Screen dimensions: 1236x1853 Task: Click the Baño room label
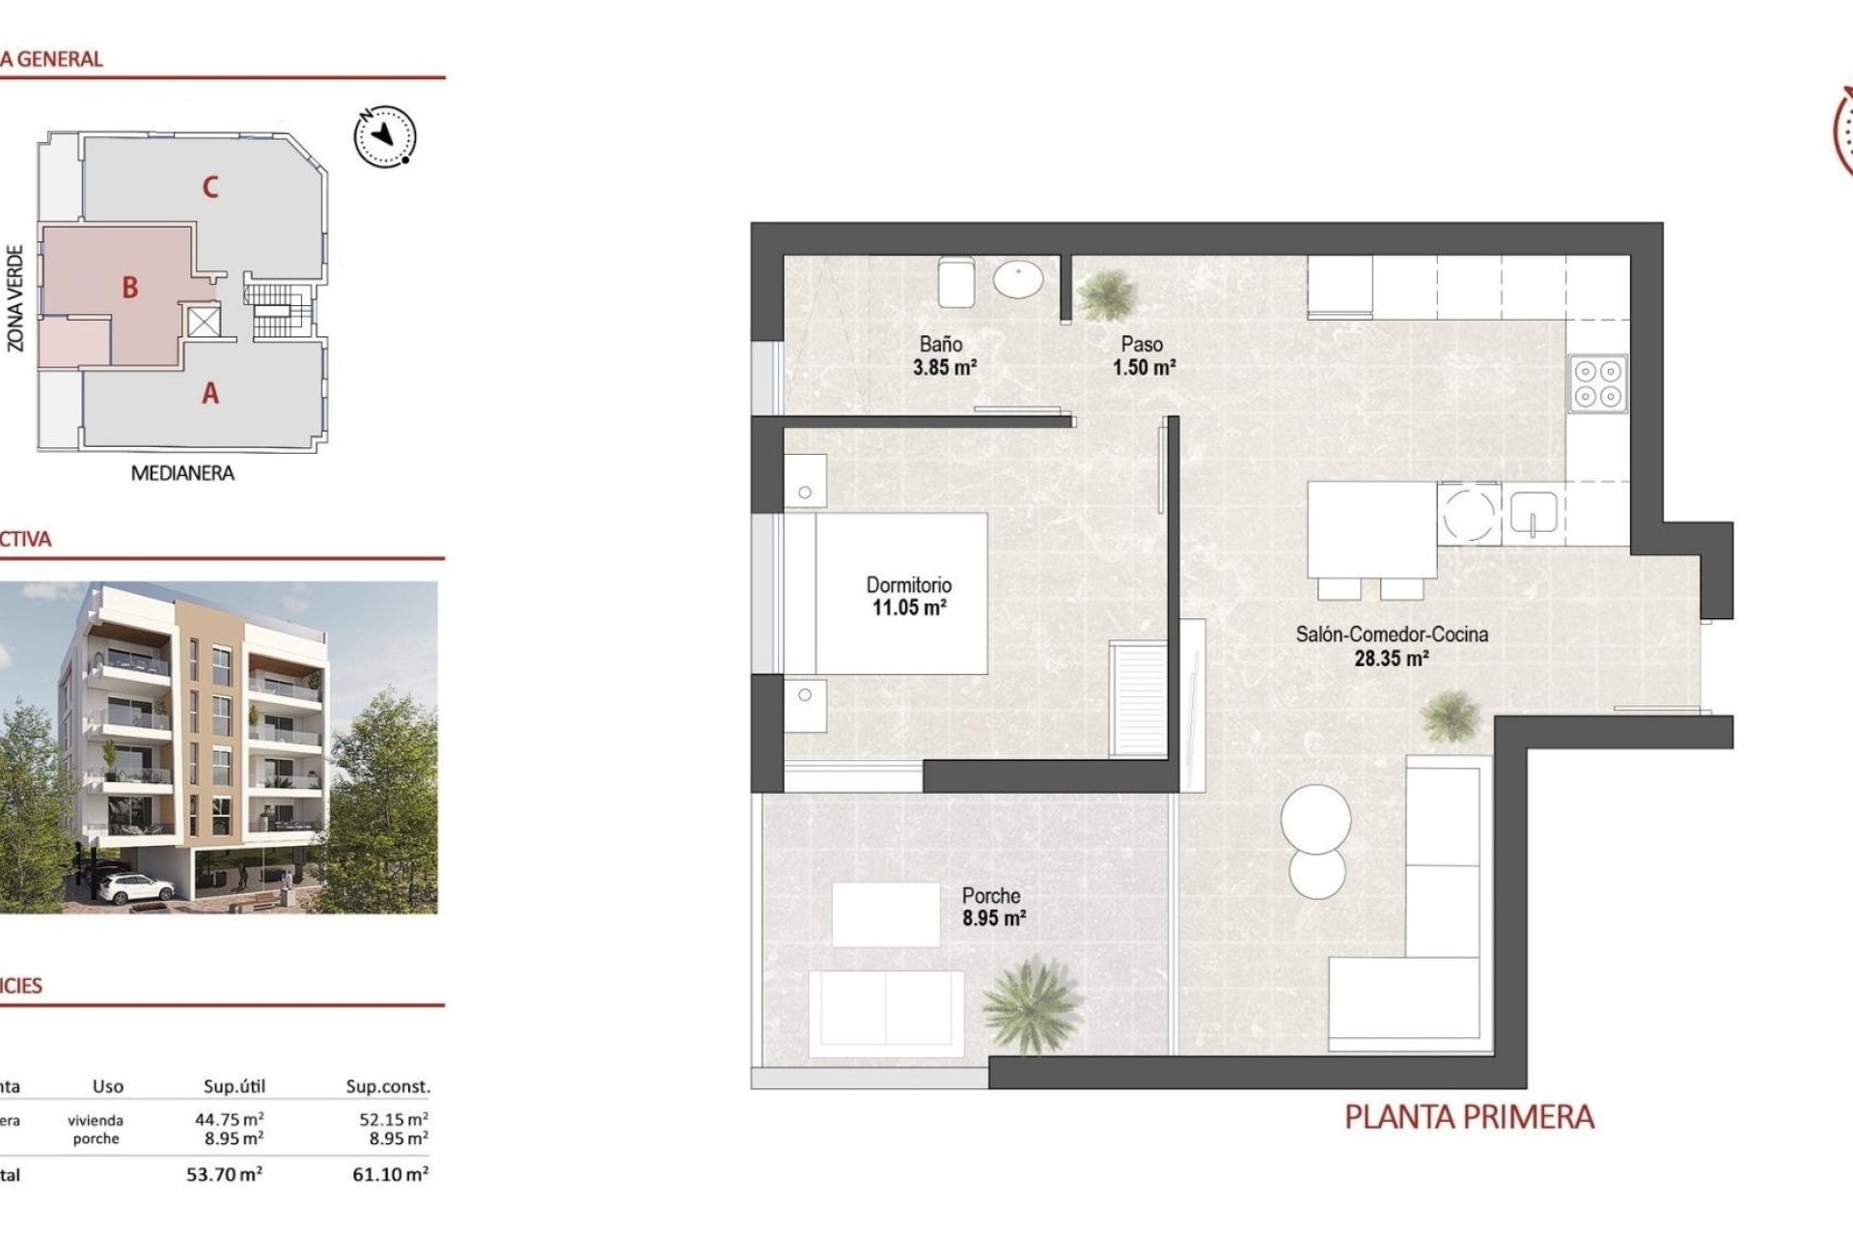pyautogui.click(x=940, y=344)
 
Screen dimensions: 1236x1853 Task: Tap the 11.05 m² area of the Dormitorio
pyautogui.click(x=909, y=608)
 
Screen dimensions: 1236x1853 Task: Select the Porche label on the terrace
pyautogui.click(x=991, y=895)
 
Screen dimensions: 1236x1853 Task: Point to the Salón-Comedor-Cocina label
pyautogui.click(x=1391, y=634)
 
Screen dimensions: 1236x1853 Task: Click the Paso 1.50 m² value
pyautogui.click(x=1144, y=367)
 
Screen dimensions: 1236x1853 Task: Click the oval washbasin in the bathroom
pyautogui.click(x=1018, y=280)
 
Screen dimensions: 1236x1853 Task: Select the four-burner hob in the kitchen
pyautogui.click(x=1597, y=383)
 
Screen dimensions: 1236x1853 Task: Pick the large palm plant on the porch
pyautogui.click(x=1029, y=1003)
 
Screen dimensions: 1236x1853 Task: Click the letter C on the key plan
pyautogui.click(x=209, y=186)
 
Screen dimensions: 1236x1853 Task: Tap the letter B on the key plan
pyautogui.click(x=129, y=287)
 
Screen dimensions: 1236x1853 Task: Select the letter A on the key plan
pyautogui.click(x=209, y=393)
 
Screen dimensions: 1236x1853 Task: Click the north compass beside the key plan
pyautogui.click(x=385, y=135)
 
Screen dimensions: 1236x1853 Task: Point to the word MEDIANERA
pyautogui.click(x=182, y=473)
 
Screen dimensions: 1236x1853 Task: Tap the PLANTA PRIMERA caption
pyautogui.click(x=1469, y=1117)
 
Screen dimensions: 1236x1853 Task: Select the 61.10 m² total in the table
pyautogui.click(x=390, y=1174)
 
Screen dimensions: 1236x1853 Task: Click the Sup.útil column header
pyautogui.click(x=234, y=1086)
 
